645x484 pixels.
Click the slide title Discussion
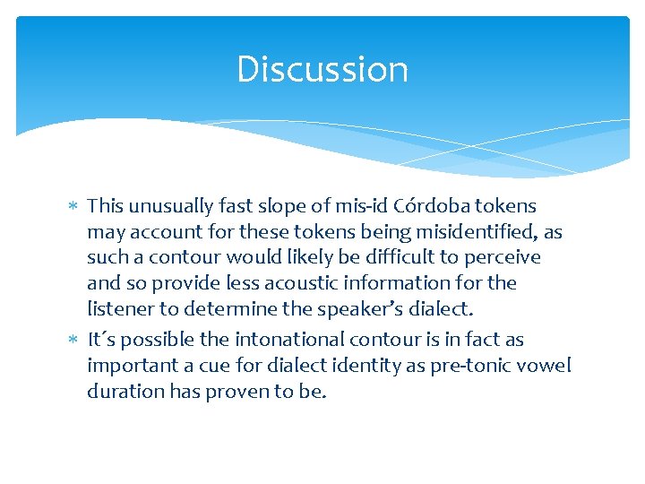pos(322,70)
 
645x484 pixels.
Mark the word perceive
pos(503,258)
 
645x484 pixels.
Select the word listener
pos(119,309)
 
